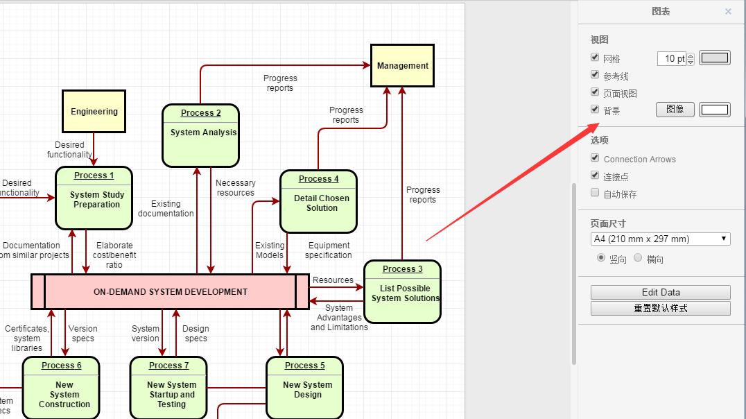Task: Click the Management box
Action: [x=402, y=66]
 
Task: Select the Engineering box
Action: [x=94, y=111]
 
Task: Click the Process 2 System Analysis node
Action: [x=200, y=136]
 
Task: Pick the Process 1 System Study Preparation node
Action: [x=94, y=198]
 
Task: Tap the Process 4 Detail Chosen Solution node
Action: [x=318, y=202]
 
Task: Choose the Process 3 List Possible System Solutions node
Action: [x=402, y=292]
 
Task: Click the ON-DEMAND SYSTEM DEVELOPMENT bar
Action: [x=170, y=292]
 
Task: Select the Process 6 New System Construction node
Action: [x=61, y=388]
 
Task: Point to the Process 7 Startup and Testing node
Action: [x=168, y=388]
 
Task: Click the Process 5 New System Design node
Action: [x=304, y=388]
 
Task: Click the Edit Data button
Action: [x=660, y=292]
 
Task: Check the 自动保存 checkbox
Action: [x=595, y=194]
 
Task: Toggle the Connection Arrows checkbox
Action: [x=595, y=158]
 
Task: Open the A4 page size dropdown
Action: [x=660, y=239]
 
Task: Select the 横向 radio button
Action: [x=638, y=258]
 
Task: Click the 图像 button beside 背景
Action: [x=675, y=109]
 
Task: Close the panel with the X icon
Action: [x=728, y=11]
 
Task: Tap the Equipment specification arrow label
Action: [x=329, y=250]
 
